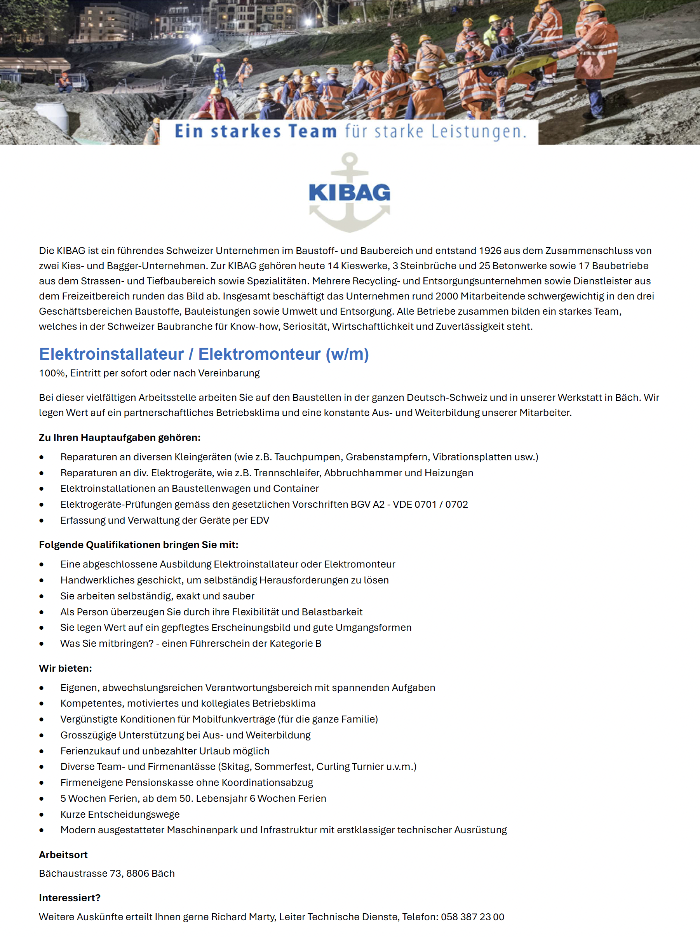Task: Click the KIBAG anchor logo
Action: pyautogui.click(x=349, y=193)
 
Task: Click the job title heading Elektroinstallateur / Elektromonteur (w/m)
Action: pyautogui.click(x=204, y=354)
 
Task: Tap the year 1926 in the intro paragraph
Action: pyautogui.click(x=490, y=251)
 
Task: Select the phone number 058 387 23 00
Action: pyautogui.click(x=472, y=917)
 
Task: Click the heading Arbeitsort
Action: pyautogui.click(x=63, y=855)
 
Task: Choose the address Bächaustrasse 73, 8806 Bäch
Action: pyautogui.click(x=107, y=873)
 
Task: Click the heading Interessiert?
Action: pyautogui.click(x=70, y=898)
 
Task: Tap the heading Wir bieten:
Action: pyautogui.click(x=65, y=669)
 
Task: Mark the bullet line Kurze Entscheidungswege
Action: pyautogui.click(x=120, y=814)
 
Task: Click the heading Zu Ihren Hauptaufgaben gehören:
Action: pyautogui.click(x=119, y=437)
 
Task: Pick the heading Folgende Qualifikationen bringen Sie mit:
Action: pyautogui.click(x=138, y=545)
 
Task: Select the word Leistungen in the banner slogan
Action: pyautogui.click(x=479, y=132)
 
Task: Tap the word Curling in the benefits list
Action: pyautogui.click(x=334, y=767)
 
